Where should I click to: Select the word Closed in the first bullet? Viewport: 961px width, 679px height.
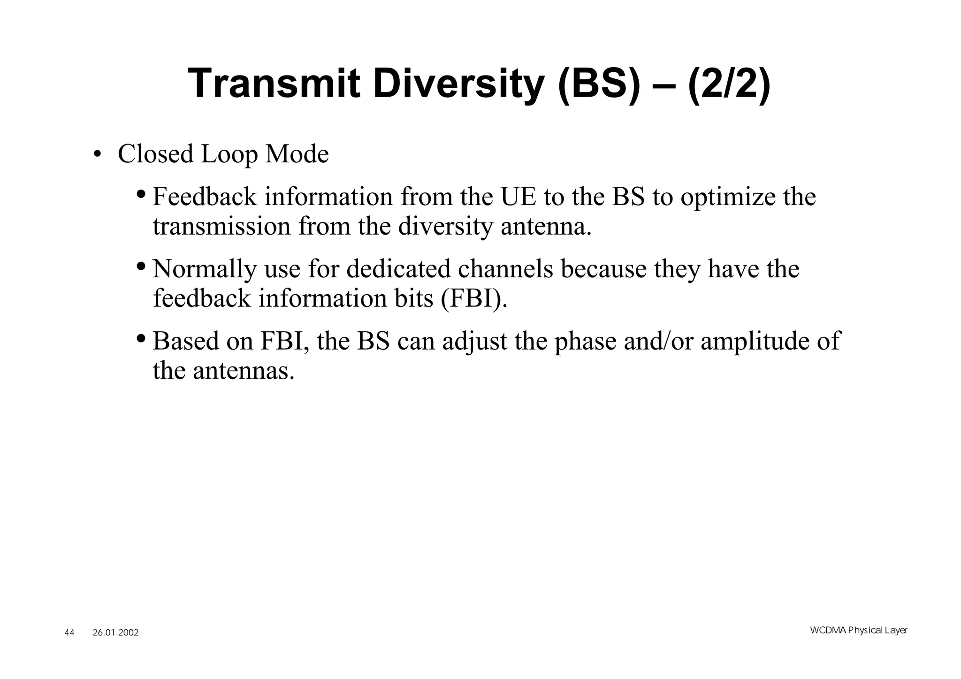155,154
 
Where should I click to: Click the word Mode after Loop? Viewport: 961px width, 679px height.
297,154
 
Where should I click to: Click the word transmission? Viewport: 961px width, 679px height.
222,226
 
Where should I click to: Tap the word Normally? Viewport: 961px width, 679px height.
205,269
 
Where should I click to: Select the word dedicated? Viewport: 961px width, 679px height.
398,269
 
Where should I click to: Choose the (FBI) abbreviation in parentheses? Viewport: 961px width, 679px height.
474,298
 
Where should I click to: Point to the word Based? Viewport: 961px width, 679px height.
186,341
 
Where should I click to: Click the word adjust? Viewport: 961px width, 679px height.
474,342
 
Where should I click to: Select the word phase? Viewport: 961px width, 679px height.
585,342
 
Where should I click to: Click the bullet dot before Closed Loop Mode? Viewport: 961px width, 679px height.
97,155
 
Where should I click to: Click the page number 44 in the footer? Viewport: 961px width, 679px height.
69,633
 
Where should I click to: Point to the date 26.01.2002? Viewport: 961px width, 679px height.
115,633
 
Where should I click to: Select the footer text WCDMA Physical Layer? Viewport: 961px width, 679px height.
859,630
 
